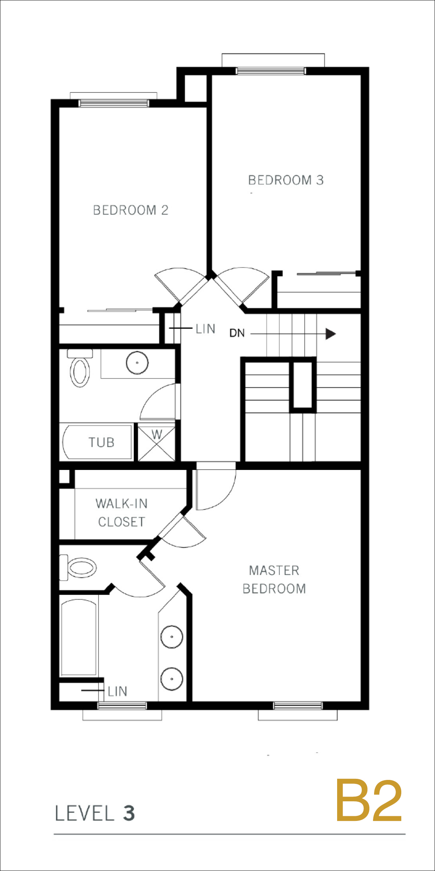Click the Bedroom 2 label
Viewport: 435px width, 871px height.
coord(131,210)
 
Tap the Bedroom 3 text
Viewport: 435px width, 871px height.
coord(286,180)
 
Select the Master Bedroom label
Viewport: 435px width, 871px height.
coord(274,580)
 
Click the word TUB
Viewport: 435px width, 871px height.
coord(101,442)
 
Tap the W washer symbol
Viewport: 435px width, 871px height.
coord(157,442)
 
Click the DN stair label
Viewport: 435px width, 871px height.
coord(237,333)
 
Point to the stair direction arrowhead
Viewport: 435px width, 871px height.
coord(331,334)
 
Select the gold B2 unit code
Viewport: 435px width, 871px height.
coord(369,801)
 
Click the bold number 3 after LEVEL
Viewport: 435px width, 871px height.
coord(129,813)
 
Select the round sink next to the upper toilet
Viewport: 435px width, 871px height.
coord(137,363)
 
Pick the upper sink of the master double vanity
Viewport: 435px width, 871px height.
coord(172,637)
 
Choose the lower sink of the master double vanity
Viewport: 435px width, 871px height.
coord(172,679)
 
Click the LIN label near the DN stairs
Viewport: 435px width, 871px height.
coord(206,329)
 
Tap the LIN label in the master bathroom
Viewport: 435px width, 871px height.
coord(117,691)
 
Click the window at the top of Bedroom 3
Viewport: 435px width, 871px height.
coord(271,71)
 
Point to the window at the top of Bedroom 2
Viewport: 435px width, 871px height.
coord(114,103)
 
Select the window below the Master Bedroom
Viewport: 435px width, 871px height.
coord(298,706)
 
